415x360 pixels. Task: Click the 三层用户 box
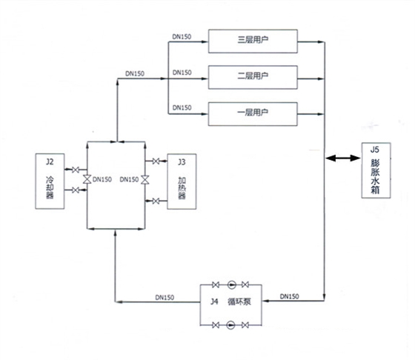[x=253, y=41]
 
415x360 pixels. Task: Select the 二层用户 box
[x=253, y=76]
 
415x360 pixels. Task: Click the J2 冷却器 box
[x=50, y=181]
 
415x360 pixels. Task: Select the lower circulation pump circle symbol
[x=230, y=325]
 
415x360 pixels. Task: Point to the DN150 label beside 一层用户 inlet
[x=182, y=107]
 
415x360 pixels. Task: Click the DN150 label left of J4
[x=165, y=297]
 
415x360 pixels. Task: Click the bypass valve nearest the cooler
[x=87, y=180]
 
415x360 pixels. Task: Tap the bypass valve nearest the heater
[x=145, y=180]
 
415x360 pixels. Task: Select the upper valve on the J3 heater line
[x=155, y=161]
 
